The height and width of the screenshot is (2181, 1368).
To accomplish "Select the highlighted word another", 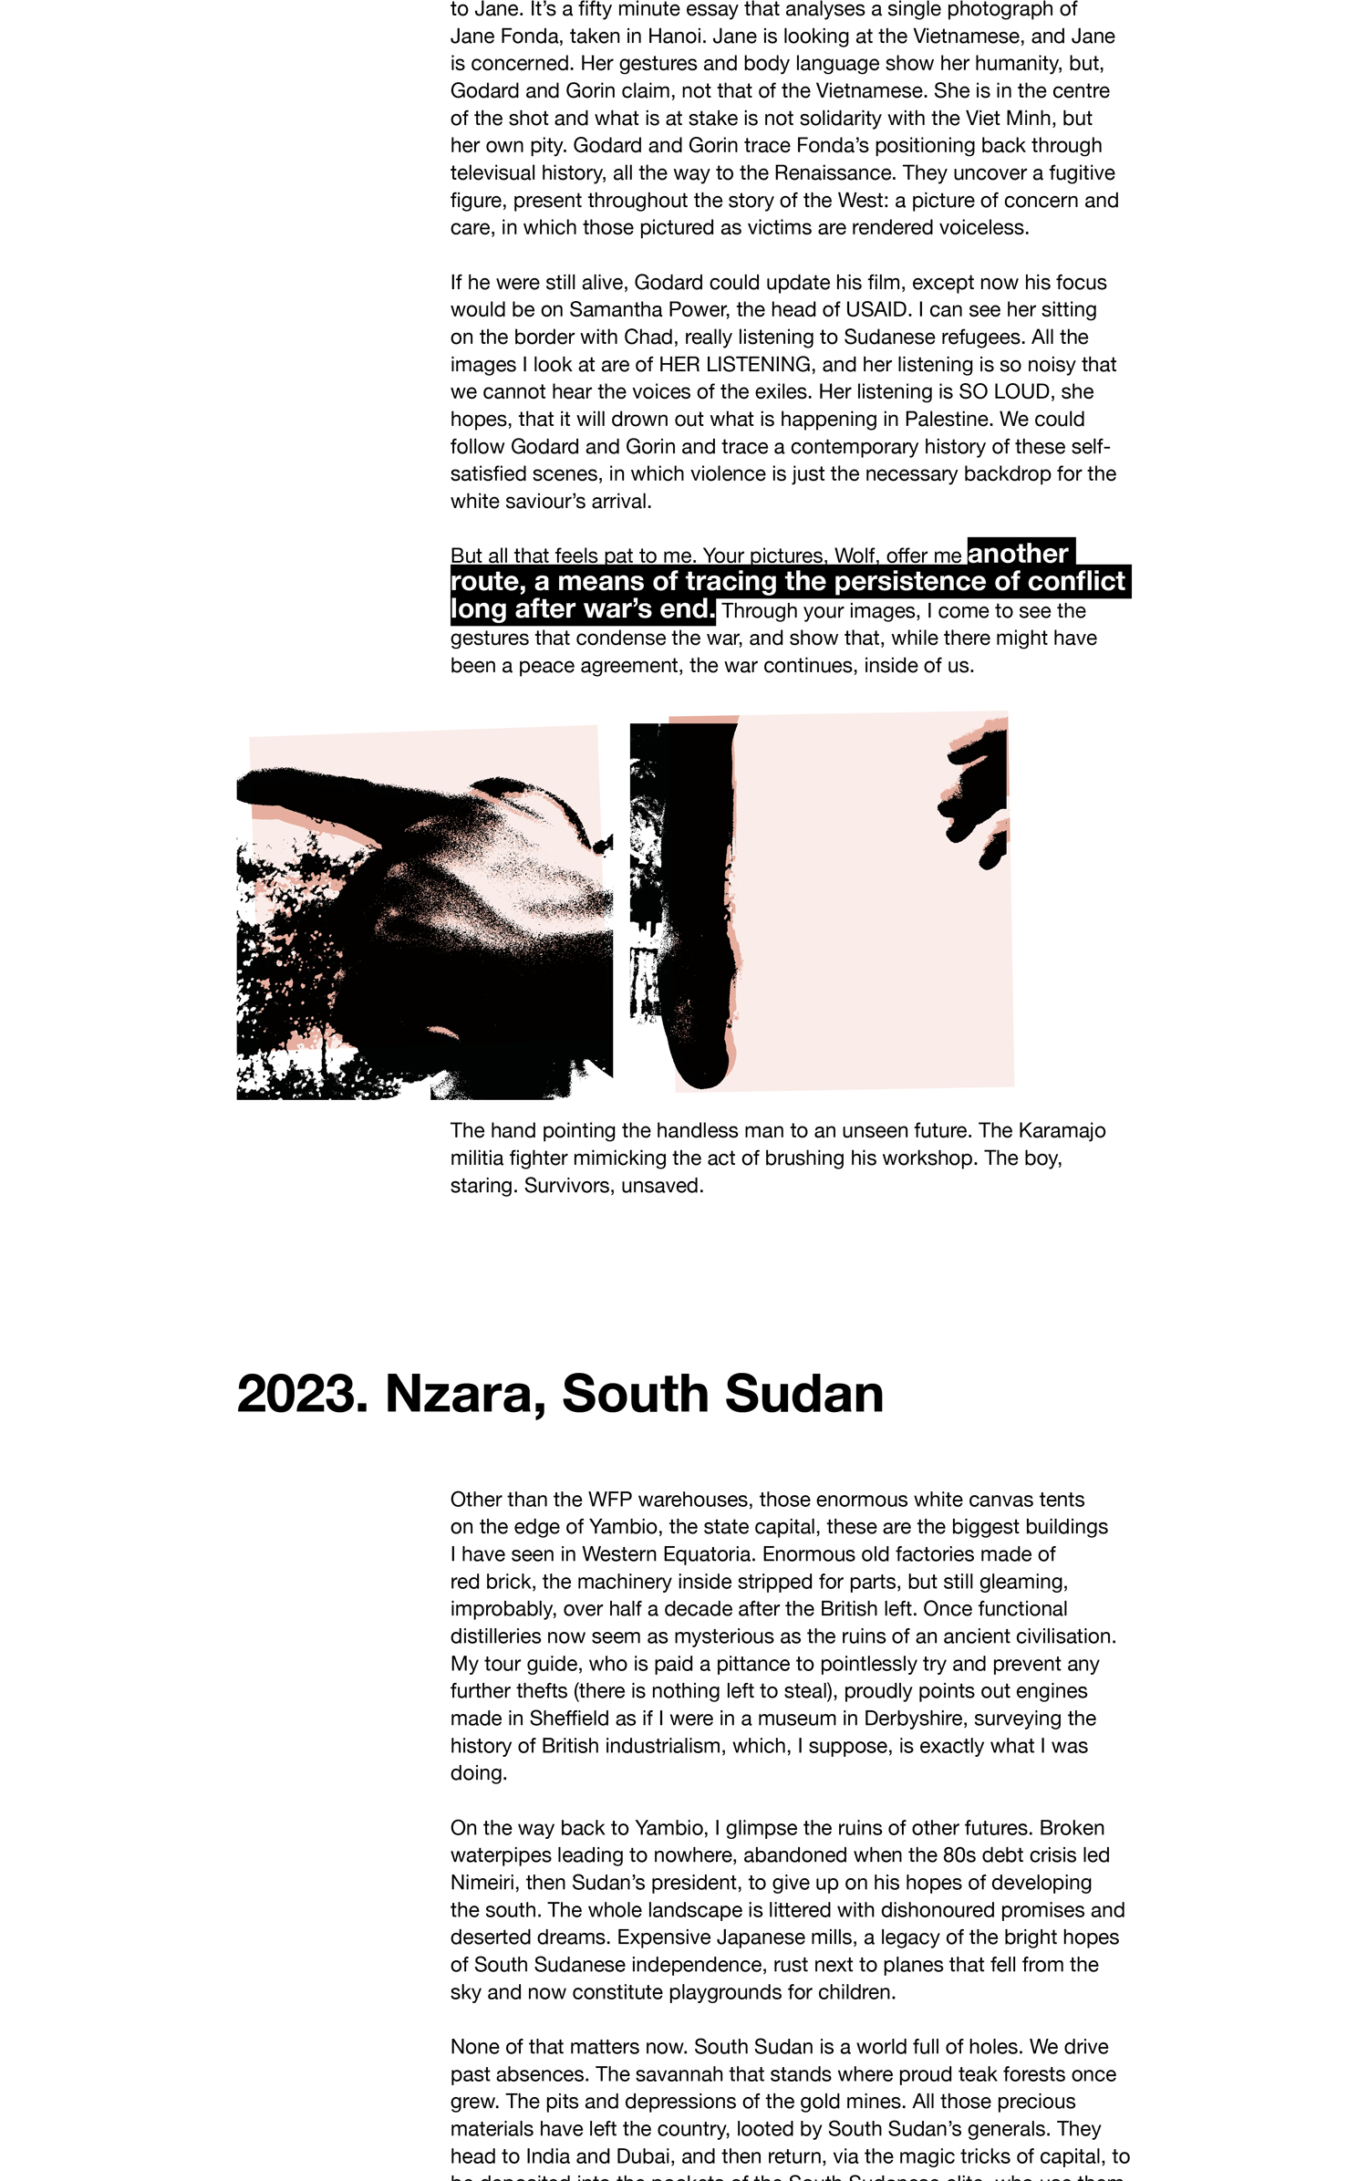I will point(1017,554).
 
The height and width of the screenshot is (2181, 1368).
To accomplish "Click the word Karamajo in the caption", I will point(1062,1131).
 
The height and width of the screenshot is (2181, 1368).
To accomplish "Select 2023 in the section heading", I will point(302,1395).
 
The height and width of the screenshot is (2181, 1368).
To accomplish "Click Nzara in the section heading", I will point(456,1395).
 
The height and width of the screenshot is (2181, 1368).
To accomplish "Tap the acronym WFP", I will point(609,1500).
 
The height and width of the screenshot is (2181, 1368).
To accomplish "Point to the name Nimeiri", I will point(483,1883).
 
